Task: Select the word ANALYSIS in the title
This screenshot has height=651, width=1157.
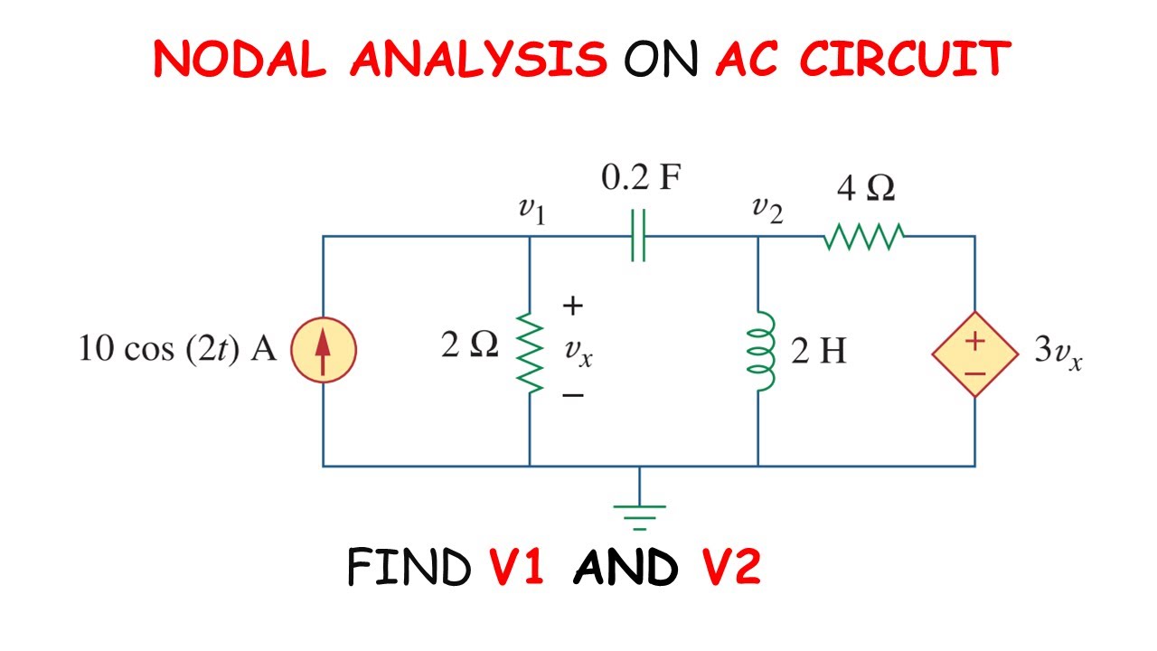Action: [478, 59]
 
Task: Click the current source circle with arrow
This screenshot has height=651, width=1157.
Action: [324, 351]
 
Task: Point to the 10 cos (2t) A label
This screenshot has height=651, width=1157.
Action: [177, 350]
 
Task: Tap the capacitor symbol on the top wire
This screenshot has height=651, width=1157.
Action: [638, 237]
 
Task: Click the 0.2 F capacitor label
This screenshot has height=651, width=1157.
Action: [640, 179]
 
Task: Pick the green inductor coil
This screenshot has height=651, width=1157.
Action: [759, 351]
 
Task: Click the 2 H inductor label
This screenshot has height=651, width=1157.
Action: [818, 351]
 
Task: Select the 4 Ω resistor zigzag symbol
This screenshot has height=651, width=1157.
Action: [863, 237]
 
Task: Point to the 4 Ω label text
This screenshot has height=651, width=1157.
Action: [865, 190]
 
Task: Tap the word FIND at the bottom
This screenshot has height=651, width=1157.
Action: [409, 568]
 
